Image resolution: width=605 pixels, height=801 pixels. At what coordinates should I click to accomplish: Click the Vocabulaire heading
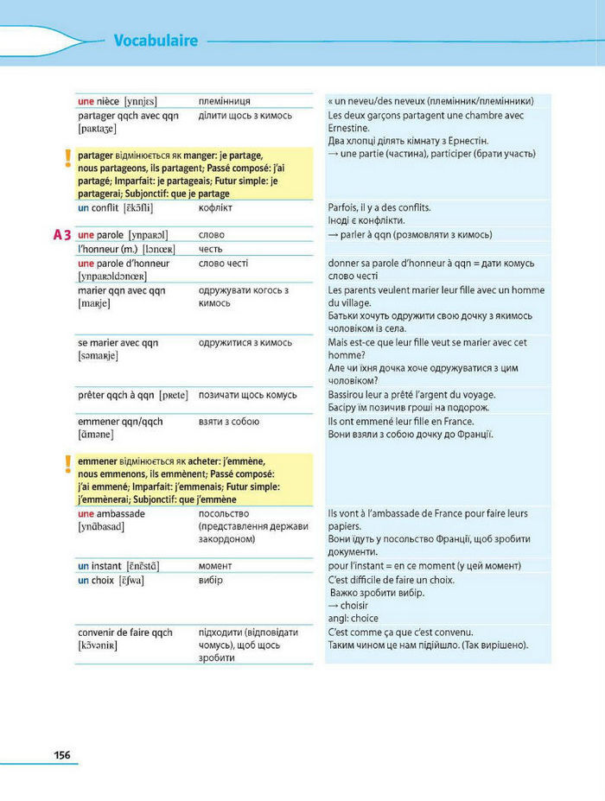coord(156,41)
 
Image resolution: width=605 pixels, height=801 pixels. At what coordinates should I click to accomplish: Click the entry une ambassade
coord(111,513)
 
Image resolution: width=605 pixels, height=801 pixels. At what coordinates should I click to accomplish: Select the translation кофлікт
coord(218,208)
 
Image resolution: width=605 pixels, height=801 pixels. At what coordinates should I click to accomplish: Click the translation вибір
coord(210,580)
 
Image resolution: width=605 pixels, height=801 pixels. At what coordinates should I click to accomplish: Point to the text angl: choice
coord(353,619)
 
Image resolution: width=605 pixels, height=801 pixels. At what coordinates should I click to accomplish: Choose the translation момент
coord(217,566)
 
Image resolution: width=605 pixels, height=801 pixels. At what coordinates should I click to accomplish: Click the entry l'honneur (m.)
coord(112,249)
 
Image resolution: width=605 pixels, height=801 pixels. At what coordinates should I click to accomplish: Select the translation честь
coord(211,249)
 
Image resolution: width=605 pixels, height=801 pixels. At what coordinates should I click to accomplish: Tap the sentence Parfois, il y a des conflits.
coord(379,208)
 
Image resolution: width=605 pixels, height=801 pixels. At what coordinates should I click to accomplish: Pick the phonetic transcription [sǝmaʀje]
coord(98,356)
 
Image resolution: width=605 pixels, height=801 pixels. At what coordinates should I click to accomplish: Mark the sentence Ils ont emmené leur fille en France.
coord(400,421)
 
